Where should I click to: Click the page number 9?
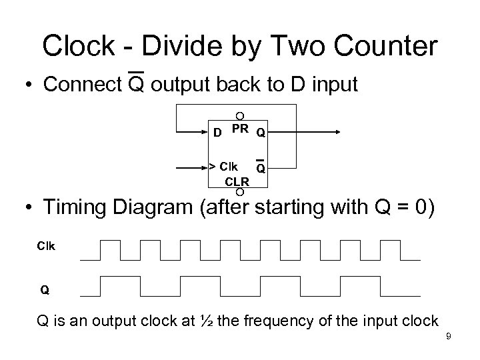tap(449, 337)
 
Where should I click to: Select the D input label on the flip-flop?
tap(217, 132)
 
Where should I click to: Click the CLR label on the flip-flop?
tap(237, 180)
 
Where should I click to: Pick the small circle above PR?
tap(239, 116)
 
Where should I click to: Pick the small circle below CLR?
tap(239, 192)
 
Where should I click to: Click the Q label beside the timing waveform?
tap(45, 290)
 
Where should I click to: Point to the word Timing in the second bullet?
tap(77, 207)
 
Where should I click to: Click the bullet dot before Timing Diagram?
tap(29, 209)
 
